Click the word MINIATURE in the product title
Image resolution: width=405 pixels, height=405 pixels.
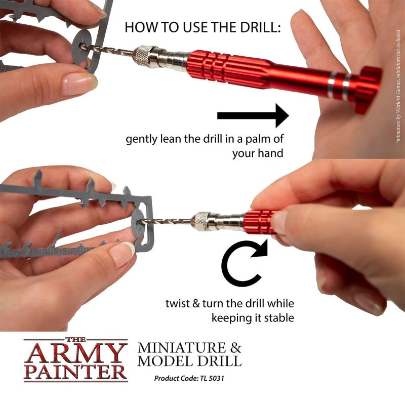tap(180, 348)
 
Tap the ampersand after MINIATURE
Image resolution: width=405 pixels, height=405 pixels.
tap(235, 348)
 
